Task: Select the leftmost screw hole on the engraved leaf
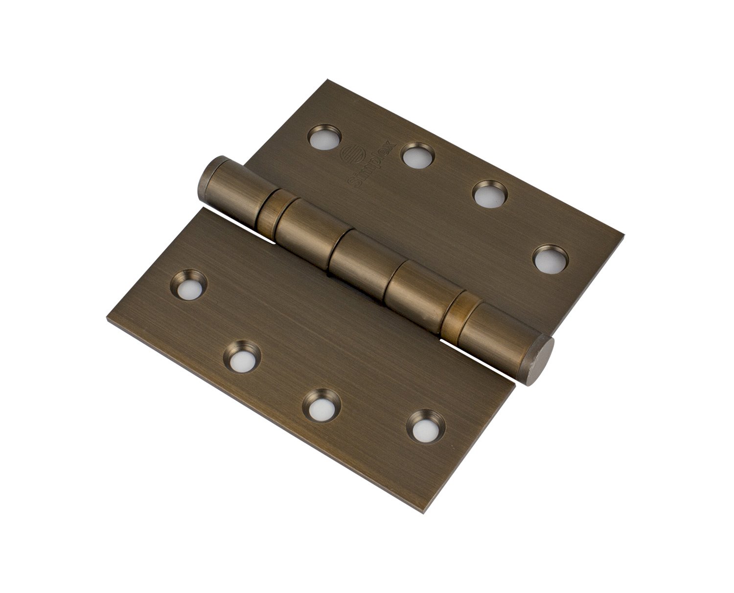click(324, 137)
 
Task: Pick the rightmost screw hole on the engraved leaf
click(550, 259)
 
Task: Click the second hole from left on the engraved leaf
click(417, 156)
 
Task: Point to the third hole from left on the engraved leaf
click(489, 194)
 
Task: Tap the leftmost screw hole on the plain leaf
click(189, 285)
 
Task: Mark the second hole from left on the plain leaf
click(242, 357)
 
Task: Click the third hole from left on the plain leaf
click(321, 407)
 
